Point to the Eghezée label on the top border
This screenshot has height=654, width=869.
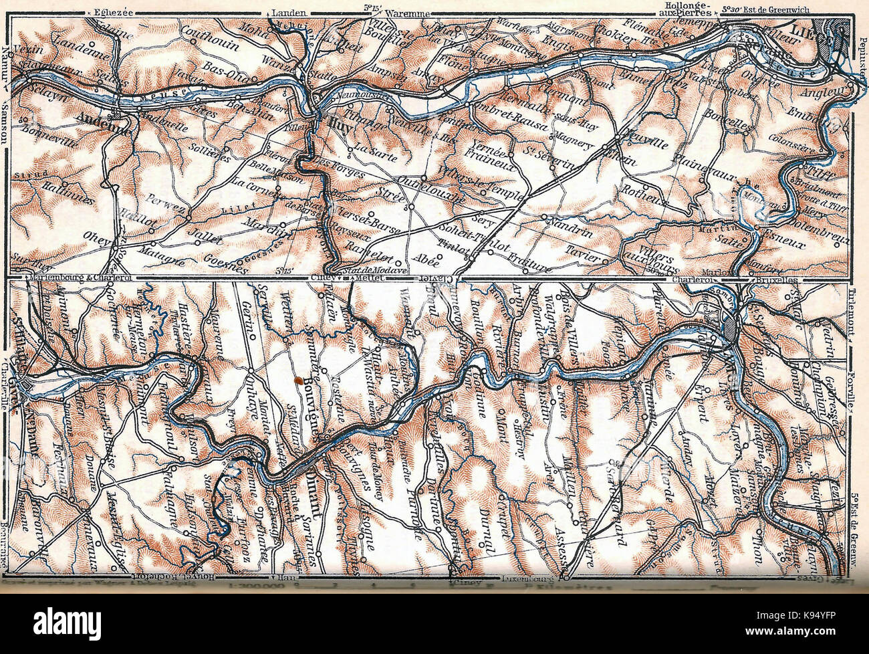click(x=111, y=11)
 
